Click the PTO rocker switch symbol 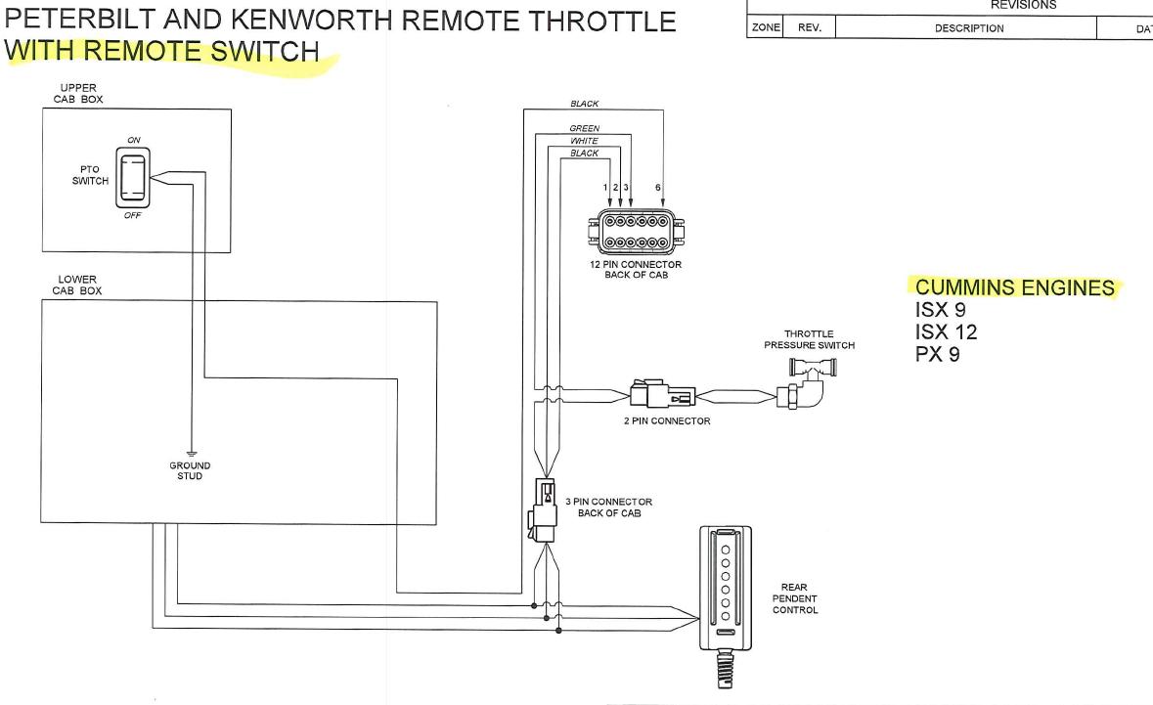click(x=130, y=177)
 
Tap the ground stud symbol click(x=190, y=451)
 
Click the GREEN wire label click(x=584, y=128)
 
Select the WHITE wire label click(x=584, y=141)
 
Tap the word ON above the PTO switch click(x=134, y=140)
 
